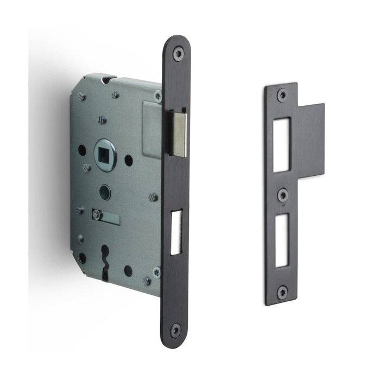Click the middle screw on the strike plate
(281, 194)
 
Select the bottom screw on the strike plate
(281, 292)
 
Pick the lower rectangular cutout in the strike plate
(281, 242)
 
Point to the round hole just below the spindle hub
(105, 193)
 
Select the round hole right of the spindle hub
(129, 160)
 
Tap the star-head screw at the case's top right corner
(157, 96)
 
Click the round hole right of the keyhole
(128, 270)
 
